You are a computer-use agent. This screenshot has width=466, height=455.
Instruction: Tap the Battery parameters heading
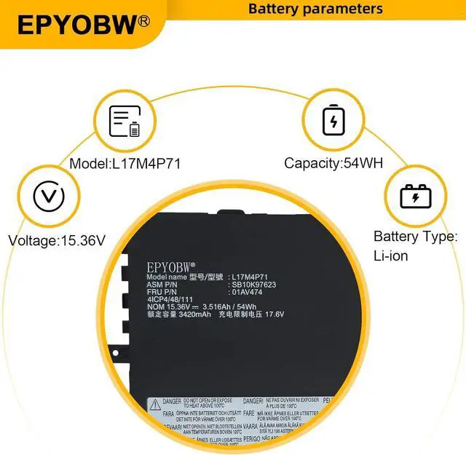coord(315,9)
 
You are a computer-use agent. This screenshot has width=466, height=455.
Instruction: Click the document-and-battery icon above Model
coord(125,121)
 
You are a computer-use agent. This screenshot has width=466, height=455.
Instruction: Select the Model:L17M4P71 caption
coord(125,164)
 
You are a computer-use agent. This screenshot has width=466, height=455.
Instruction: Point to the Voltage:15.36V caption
coord(57,240)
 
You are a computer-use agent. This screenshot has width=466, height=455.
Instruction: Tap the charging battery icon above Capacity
coord(333,119)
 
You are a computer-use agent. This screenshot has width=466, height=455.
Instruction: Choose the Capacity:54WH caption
coord(334,164)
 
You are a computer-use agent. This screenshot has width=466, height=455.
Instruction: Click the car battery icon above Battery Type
coord(415,196)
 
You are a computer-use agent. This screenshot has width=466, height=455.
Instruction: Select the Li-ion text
coord(390,256)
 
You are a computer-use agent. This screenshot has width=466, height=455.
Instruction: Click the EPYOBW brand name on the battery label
coord(169,267)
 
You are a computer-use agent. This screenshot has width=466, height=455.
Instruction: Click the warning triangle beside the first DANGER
coord(154,402)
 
